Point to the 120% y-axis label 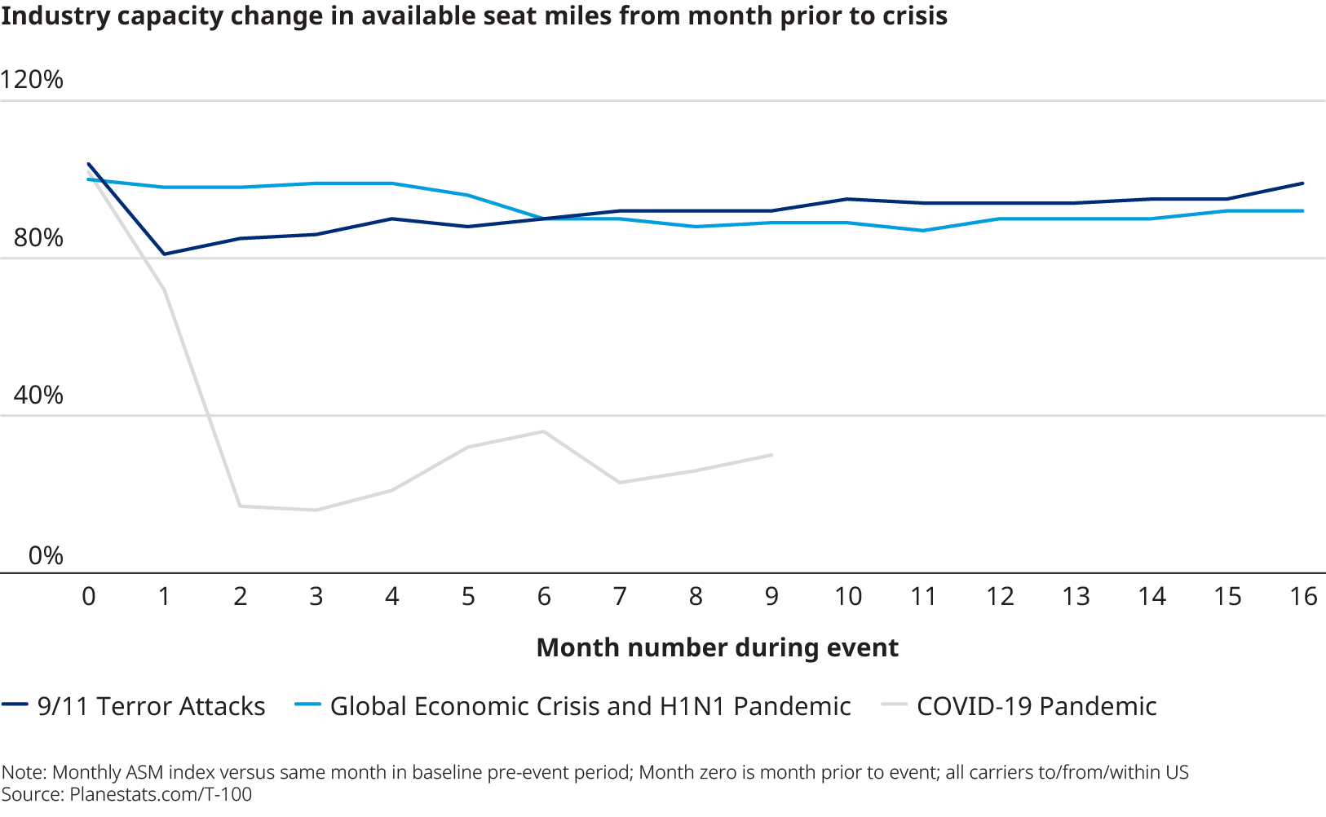[x=32, y=80]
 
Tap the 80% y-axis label [x=38, y=238]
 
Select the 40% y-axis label [x=38, y=395]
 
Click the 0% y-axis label [x=46, y=556]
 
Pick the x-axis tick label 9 [x=771, y=597]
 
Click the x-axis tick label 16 [x=1303, y=597]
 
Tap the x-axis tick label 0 [x=89, y=597]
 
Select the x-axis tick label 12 [x=1000, y=597]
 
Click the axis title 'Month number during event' [x=717, y=647]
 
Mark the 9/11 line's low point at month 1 [x=165, y=254]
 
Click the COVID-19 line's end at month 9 [x=771, y=455]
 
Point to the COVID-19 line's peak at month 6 [x=544, y=431]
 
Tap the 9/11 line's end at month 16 [x=1303, y=183]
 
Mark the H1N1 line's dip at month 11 [x=923, y=231]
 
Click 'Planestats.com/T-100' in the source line [x=161, y=794]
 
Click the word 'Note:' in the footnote [x=24, y=773]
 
